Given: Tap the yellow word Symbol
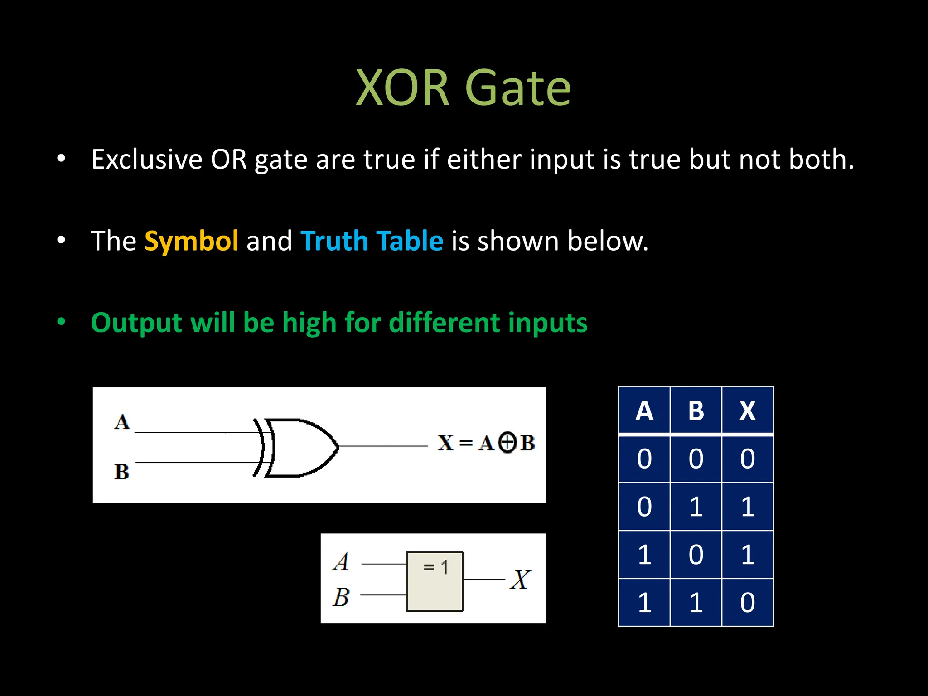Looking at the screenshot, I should click(191, 241).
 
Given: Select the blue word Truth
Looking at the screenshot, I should click(333, 241).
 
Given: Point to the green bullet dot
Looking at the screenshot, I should click(61, 322).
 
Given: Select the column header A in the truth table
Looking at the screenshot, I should click(644, 411).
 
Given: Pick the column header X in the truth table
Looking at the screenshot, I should click(747, 411).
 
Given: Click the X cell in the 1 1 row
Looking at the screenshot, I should click(747, 602).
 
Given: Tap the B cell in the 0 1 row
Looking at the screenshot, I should click(696, 507).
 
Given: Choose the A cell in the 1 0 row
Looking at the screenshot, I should click(644, 555).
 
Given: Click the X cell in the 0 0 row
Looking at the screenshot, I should click(747, 459).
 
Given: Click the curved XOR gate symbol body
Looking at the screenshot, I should click(299, 447).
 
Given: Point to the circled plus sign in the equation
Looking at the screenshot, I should click(507, 443).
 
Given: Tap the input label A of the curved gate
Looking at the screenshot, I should click(121, 422).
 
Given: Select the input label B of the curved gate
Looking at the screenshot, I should click(121, 472).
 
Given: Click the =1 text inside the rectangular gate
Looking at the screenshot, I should click(435, 567).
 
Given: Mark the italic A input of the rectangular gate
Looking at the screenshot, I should click(341, 562).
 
